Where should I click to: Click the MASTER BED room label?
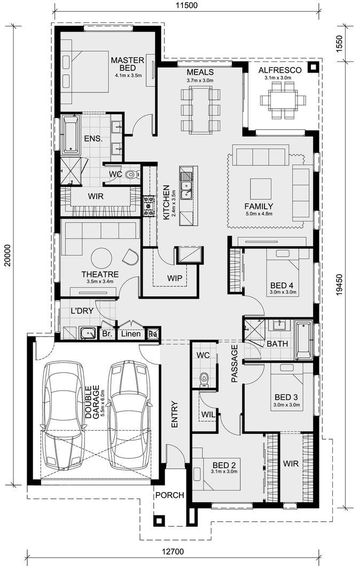[128, 64]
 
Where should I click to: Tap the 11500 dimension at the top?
[186, 5]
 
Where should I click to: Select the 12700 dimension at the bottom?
[173, 551]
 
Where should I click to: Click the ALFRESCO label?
[280, 71]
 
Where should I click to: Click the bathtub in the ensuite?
[70, 134]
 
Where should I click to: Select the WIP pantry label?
[174, 278]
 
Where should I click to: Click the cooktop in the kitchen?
[148, 205]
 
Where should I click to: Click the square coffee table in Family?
[261, 189]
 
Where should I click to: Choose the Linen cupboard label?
[131, 334]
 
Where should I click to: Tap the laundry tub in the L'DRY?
[88, 333]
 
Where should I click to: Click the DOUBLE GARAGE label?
[92, 402]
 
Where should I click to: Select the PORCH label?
[169, 495]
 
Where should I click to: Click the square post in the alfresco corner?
[313, 68]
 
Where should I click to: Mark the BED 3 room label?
[286, 397]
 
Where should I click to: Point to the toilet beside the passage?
[204, 379]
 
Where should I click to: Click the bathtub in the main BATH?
[304, 340]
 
